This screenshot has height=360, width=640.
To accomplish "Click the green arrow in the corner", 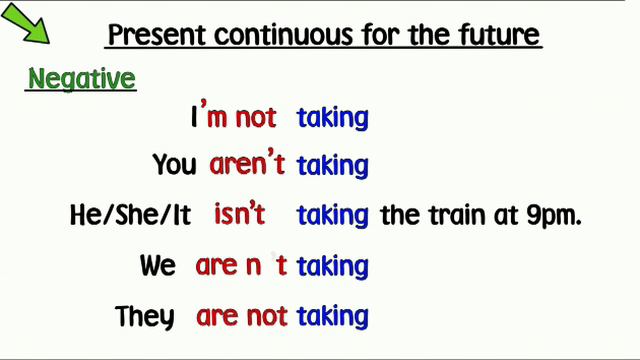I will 28,26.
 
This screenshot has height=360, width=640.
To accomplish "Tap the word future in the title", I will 500,37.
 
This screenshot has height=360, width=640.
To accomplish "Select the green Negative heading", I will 82,79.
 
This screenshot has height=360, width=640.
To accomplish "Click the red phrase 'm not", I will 240,117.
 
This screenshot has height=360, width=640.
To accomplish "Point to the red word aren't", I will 247,165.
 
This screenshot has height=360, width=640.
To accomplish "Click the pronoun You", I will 174,165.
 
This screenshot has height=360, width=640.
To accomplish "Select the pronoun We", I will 158,266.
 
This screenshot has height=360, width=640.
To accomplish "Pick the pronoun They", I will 145,317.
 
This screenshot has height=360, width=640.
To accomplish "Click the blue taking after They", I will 333,318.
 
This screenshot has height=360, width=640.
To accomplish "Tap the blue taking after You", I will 333,166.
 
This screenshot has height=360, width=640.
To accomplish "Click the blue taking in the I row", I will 333,118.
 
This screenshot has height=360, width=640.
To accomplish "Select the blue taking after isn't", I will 333,215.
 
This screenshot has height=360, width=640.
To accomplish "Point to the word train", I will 454,215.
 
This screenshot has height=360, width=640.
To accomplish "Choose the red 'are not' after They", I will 242,317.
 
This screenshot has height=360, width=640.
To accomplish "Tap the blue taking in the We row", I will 333,267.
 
